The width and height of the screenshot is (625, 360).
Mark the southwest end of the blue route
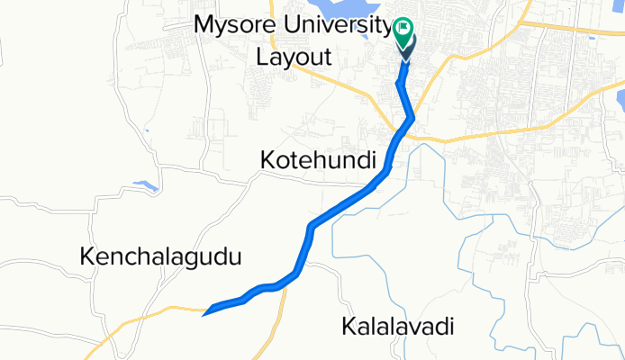(206, 313)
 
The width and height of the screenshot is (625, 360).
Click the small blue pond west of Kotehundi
(145, 187)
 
